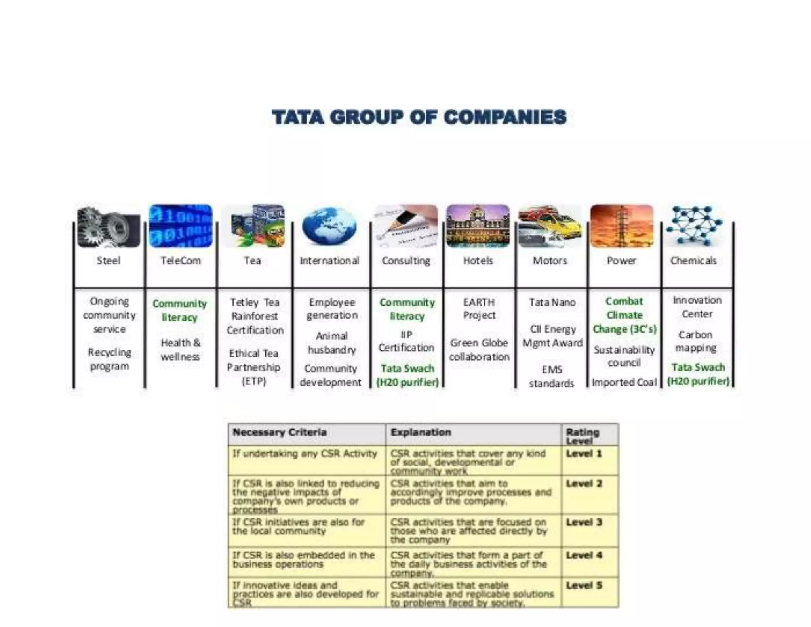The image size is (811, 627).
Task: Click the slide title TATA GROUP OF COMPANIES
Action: (419, 118)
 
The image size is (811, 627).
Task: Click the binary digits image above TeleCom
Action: (181, 226)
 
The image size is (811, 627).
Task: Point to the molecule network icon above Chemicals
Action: (694, 226)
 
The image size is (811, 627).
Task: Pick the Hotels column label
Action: (478, 261)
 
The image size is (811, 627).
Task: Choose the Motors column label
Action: (550, 261)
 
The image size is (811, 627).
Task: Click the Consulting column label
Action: (406, 261)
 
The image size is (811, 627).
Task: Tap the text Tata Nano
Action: (552, 302)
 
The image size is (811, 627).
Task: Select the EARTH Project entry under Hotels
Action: (479, 309)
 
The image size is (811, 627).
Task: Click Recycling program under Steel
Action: (110, 359)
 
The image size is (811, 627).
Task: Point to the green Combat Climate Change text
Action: (624, 315)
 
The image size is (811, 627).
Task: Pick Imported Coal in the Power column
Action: (624, 382)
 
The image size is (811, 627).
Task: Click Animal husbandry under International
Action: (332, 343)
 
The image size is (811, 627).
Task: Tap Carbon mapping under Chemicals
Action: (696, 341)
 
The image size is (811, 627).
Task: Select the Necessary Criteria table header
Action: (280, 432)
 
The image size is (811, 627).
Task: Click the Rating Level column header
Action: (583, 436)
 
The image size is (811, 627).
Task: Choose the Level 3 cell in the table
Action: (584, 522)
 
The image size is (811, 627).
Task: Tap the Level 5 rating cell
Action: (584, 585)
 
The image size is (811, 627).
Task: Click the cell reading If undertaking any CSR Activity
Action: (305, 454)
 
